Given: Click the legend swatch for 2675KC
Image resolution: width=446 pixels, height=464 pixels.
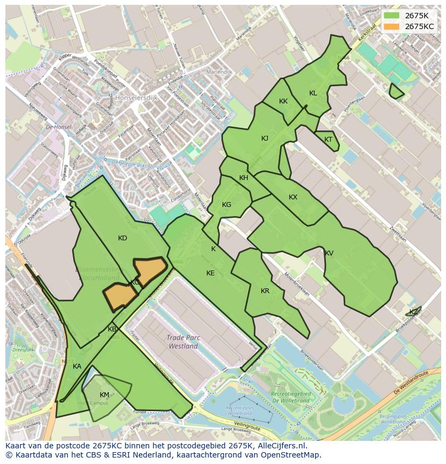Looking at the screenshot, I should point(392,26).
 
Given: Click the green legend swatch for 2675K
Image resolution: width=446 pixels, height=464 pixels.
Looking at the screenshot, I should point(392,16).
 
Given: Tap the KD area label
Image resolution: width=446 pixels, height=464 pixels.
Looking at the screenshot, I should point(122,238).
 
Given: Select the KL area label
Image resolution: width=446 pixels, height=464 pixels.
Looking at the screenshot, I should point(313,93).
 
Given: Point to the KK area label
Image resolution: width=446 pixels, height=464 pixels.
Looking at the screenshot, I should point(283,101).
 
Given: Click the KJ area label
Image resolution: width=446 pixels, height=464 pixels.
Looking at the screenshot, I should point(264,138).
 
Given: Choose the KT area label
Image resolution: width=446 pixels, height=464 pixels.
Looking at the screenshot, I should point(328,140).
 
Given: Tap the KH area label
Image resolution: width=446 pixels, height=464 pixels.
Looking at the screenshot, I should point(243,178).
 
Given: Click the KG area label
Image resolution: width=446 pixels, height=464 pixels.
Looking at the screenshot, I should point(226,205).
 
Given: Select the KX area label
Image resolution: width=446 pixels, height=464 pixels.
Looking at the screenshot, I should point(292,197).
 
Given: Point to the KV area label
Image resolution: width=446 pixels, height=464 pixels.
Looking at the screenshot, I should point(329,253).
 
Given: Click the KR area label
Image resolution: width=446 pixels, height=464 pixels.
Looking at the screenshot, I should point(264,291).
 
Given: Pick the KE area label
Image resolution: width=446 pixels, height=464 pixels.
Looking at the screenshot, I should point(210,273).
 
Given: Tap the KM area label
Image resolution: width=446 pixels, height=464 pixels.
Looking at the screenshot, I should point(104,395).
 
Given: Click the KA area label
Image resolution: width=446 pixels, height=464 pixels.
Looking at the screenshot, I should point(77,366).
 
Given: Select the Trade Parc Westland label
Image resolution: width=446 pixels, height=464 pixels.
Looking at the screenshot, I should point(183,342).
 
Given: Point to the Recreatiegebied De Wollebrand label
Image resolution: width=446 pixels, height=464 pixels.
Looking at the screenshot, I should point(291,397).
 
